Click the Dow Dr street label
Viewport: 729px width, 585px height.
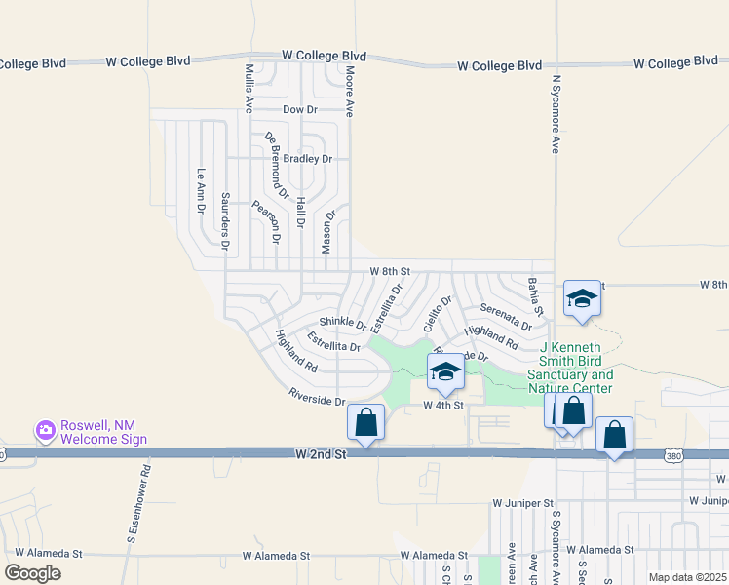click(300, 110)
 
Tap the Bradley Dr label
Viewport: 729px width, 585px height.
click(310, 159)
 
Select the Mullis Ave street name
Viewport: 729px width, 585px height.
click(249, 89)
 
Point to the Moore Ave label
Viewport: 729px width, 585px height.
click(348, 93)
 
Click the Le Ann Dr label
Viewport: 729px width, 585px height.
click(202, 191)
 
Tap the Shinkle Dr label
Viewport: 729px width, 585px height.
click(342, 324)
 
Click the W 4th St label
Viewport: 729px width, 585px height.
click(441, 404)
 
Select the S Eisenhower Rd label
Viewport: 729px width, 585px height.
click(144, 501)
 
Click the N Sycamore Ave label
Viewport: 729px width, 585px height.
click(556, 114)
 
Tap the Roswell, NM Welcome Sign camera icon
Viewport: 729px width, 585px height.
click(44, 429)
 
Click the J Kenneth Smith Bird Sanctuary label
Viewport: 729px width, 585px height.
click(570, 368)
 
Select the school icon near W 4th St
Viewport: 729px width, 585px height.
click(445, 371)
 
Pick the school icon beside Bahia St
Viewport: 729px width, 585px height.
click(582, 298)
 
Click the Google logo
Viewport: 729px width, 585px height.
click(32, 573)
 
